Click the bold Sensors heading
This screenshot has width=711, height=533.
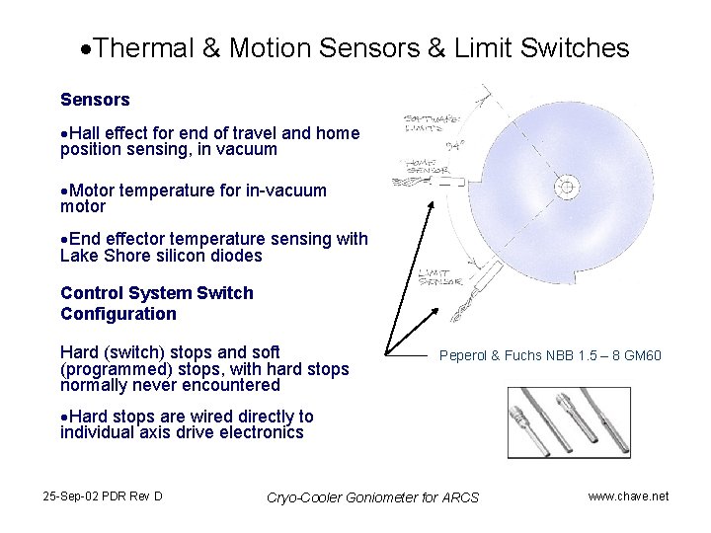(x=95, y=100)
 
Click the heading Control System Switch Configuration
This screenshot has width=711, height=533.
(x=156, y=303)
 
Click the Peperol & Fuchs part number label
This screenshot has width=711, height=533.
(x=550, y=355)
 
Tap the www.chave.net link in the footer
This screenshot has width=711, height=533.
(x=628, y=495)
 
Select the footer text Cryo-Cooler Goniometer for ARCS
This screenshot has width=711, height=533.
(x=372, y=496)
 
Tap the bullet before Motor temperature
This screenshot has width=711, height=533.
(x=64, y=190)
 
